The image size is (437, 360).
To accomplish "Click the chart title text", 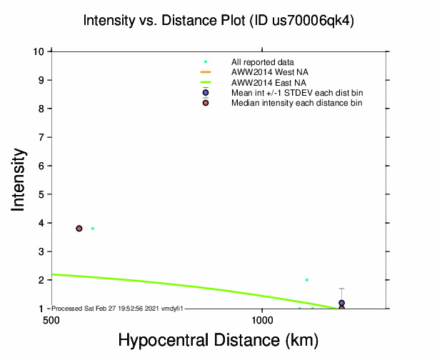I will point(218,21).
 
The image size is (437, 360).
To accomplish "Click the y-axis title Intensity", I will point(19,179).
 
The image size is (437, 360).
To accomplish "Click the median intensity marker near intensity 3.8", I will point(79,229).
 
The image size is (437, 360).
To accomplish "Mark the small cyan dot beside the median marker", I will point(93,229).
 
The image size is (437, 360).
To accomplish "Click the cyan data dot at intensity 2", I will point(307,280).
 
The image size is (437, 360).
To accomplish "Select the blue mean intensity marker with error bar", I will point(342,303).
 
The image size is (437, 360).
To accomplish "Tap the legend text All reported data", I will point(263,62).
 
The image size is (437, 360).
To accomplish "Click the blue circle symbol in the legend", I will point(206,93).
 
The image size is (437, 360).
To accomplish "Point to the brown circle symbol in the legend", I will point(206,103).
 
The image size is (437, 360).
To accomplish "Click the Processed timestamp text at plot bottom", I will point(119,308).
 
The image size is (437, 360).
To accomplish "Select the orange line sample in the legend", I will point(206,72).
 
